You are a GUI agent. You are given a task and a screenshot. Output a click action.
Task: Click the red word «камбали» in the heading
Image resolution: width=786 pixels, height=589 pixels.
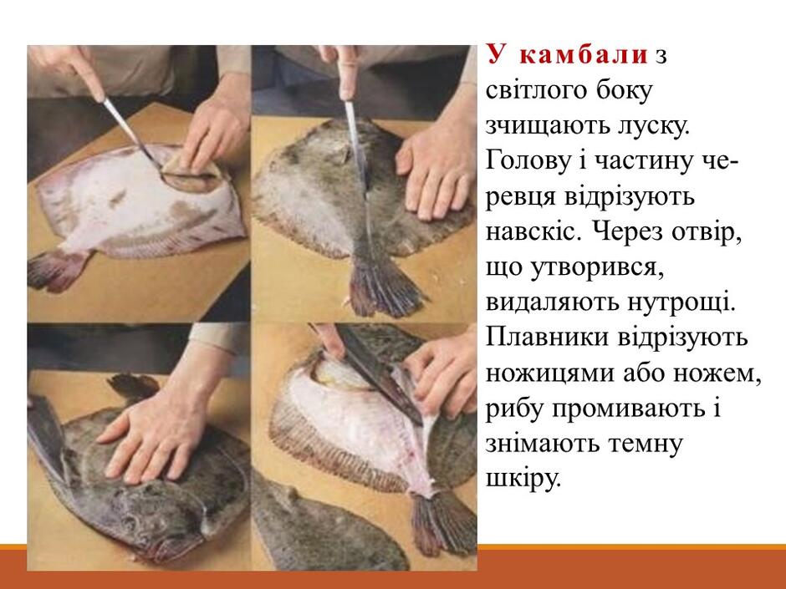point(584,55)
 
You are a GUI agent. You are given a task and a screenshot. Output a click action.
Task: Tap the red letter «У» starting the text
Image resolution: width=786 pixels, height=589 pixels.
point(496,54)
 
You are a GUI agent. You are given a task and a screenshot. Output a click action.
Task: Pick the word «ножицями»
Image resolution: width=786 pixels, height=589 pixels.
point(545,373)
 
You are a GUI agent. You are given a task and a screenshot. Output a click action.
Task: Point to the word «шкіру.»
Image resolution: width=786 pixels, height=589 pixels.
point(522,480)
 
